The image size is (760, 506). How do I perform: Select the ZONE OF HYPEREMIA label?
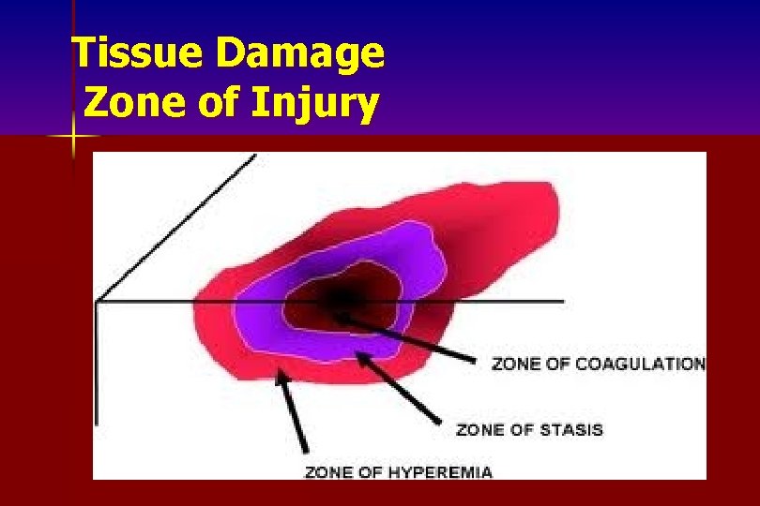click(x=398, y=472)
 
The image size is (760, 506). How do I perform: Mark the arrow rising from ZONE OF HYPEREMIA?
click(x=293, y=413)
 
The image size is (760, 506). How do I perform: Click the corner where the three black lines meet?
click(x=98, y=301)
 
